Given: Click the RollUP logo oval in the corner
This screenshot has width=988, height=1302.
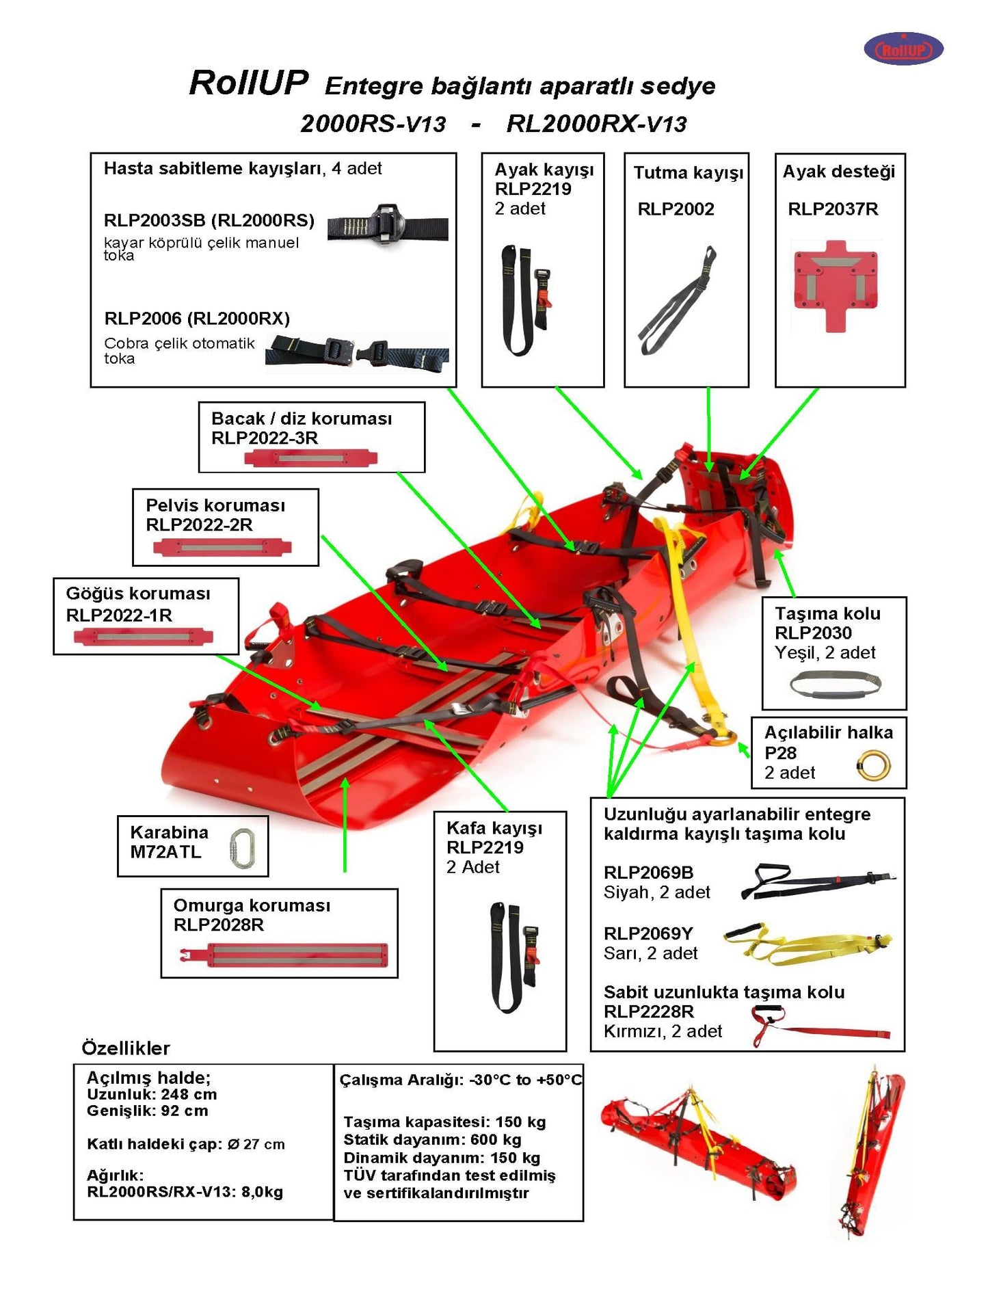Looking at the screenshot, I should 903,49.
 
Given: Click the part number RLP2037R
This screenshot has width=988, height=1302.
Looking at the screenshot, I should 832,209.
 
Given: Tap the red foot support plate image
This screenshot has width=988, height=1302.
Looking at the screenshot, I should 835,285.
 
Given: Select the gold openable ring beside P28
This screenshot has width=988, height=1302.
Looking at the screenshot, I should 873,766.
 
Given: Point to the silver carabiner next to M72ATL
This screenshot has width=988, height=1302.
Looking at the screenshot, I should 241,849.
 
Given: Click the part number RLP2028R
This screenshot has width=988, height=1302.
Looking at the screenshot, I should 218,925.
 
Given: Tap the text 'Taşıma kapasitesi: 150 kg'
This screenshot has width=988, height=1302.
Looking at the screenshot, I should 444,1122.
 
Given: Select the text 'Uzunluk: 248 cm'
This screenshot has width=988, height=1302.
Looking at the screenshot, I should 152,1094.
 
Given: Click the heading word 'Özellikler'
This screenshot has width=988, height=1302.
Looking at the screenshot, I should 126,1048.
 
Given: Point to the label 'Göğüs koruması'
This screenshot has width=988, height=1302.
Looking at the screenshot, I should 138,594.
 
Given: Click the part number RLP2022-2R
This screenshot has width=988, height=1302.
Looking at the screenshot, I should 199,524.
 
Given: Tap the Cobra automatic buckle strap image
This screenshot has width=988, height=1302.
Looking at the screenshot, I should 356,352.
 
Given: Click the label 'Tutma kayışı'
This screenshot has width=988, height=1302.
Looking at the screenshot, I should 688,172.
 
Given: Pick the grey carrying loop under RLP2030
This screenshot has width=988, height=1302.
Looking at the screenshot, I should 835,685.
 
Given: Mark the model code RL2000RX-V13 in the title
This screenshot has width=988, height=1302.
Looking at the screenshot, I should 596,124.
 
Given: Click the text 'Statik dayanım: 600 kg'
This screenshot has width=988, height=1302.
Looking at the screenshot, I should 432,1140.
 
